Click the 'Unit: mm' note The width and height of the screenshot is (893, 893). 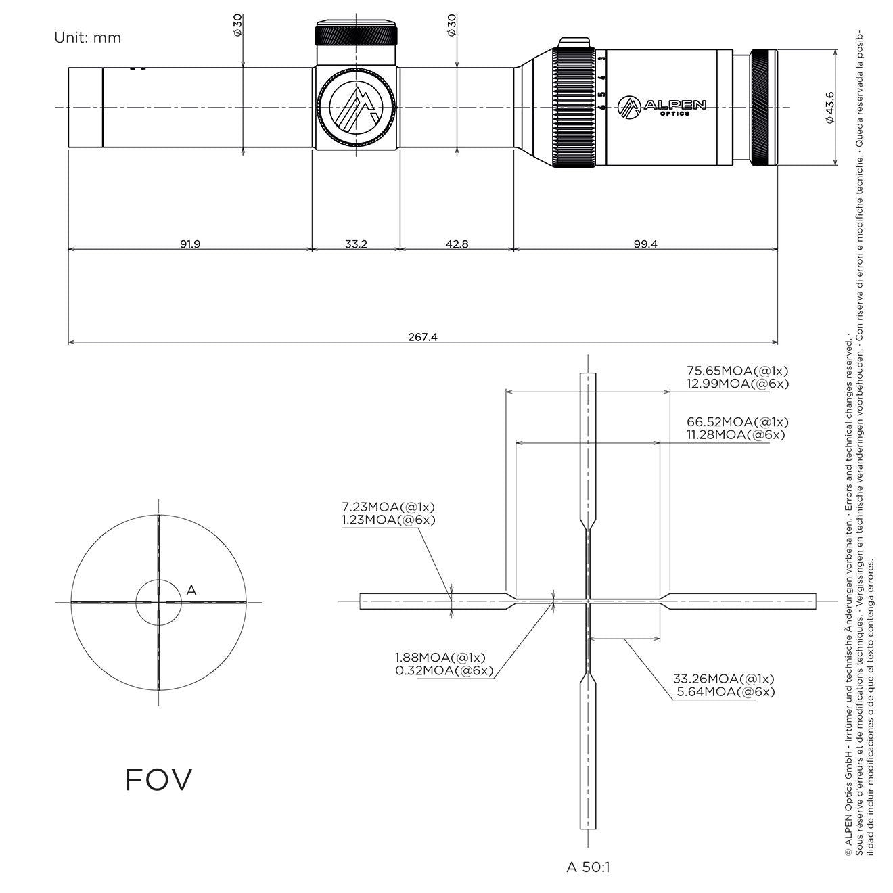point(87,38)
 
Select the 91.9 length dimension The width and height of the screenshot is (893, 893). point(190,244)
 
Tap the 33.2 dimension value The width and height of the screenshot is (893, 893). point(356,244)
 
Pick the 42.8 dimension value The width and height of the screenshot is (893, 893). point(457,244)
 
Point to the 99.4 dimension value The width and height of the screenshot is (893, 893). point(645,244)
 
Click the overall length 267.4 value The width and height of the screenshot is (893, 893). point(422,337)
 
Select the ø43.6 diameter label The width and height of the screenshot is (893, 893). point(830,108)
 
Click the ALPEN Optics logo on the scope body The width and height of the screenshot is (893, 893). point(662,106)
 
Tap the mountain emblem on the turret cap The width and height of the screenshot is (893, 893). point(356,106)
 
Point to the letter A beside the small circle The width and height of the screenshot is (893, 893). point(191,590)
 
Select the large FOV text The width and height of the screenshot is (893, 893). point(158,779)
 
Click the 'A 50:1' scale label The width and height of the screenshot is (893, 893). point(588,867)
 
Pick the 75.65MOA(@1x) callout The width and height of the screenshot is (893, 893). point(737,371)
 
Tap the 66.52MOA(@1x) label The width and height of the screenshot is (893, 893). point(737,422)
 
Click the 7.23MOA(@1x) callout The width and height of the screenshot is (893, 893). point(388,507)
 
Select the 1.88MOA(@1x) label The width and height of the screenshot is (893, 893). point(440,658)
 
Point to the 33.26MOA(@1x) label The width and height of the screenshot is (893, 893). point(723,679)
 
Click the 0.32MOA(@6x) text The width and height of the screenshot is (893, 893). point(444,671)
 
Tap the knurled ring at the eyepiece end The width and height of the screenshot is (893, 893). point(764,108)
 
